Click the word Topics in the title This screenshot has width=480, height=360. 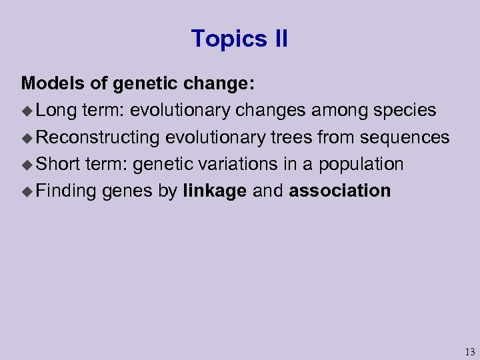point(223,39)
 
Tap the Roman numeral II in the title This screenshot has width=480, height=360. point(280,39)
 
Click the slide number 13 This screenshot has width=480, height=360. point(469,351)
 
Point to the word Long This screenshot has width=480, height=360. point(57,110)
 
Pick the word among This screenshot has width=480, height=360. point(328,110)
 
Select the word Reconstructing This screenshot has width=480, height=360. point(98,137)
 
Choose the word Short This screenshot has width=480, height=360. point(59,164)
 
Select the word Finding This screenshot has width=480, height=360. point(67,191)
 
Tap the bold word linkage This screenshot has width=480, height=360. point(215,191)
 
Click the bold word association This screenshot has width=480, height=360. point(339,191)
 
